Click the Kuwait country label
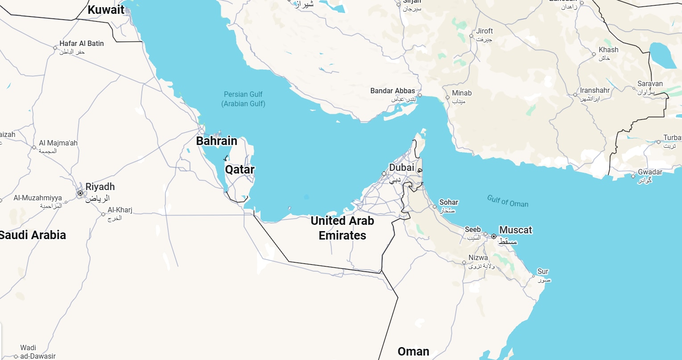click(106, 9)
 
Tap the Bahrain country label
click(217, 141)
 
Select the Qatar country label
click(240, 170)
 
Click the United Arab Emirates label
click(342, 228)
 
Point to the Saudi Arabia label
click(33, 235)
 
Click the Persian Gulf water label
click(244, 99)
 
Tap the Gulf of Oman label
click(508, 201)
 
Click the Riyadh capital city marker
click(80, 193)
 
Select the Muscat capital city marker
click(494, 236)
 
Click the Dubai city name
click(401, 168)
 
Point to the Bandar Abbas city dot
click(420, 95)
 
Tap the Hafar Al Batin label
click(82, 44)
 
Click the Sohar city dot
click(435, 207)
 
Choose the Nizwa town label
click(478, 258)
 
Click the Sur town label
click(543, 271)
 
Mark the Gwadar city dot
click(633, 176)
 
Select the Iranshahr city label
click(595, 91)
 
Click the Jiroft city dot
click(471, 36)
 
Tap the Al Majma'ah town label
click(58, 143)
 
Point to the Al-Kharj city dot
click(103, 214)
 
